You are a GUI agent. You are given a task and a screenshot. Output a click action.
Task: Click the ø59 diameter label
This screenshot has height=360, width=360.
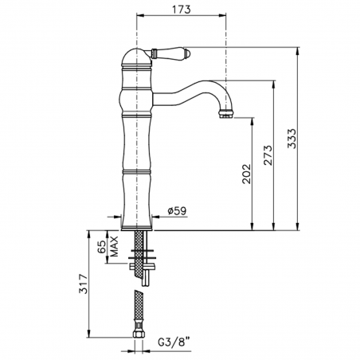click(176, 211)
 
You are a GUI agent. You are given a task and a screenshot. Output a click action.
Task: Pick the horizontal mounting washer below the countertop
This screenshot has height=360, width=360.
click(138, 257)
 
